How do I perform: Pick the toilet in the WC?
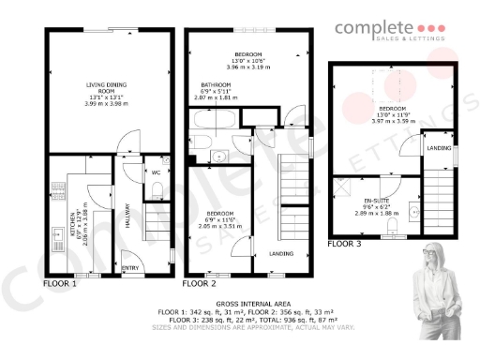tap(157, 190)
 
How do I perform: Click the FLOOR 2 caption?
tap(199, 282)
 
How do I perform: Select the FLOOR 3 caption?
tap(343, 244)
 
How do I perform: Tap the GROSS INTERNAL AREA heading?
tap(239, 304)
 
